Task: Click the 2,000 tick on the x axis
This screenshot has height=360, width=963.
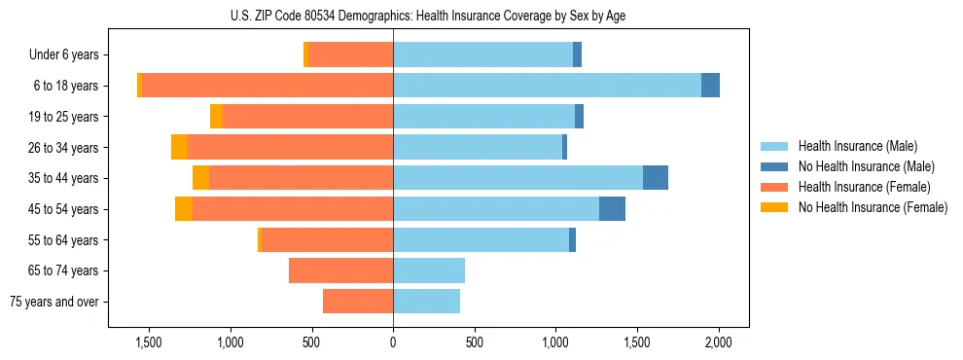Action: coord(719,342)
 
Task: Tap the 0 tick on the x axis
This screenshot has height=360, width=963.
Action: coord(393,342)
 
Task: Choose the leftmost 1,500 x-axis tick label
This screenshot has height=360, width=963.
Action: coord(149,342)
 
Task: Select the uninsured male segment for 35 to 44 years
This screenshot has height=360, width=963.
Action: coord(656,178)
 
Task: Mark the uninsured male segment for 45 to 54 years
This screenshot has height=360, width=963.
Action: coord(612,209)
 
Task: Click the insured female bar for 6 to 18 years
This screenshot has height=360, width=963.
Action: coord(267,86)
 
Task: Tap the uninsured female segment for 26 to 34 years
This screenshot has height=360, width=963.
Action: coord(179,147)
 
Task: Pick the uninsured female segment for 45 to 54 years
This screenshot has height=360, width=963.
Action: coord(184,209)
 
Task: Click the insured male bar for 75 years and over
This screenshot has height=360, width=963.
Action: coord(426,302)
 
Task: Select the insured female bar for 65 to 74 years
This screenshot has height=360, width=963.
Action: coord(340,270)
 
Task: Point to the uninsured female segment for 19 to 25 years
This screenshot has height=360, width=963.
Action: coord(216,117)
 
